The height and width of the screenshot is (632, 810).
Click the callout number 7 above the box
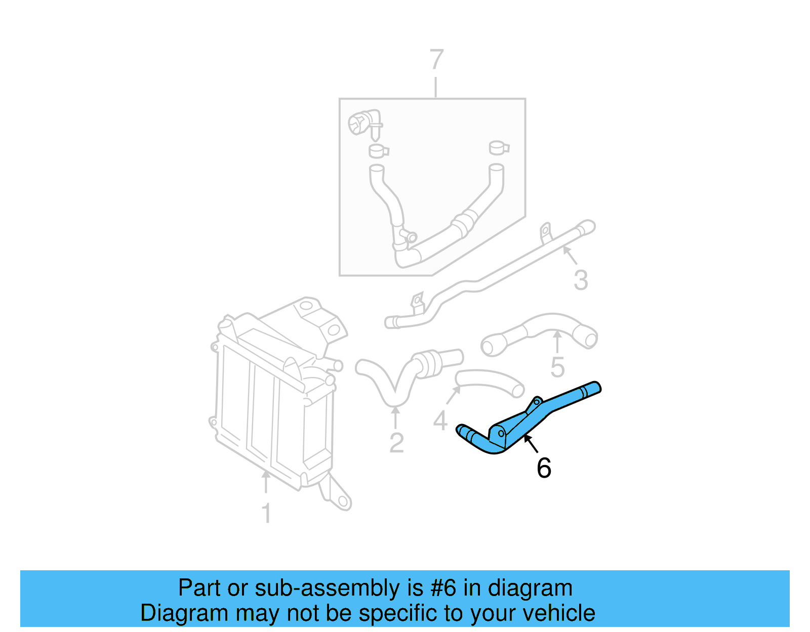436,60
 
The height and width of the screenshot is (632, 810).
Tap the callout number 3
581,280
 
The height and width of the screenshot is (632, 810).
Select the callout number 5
557,367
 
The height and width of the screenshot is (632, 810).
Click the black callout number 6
544,468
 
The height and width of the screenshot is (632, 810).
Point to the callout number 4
440,420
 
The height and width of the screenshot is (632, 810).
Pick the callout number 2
396,443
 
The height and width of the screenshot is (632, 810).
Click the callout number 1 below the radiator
266,514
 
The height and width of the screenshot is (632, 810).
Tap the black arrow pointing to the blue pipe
530,443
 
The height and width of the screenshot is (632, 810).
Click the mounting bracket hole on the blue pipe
501,433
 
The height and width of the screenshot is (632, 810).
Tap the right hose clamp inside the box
499,148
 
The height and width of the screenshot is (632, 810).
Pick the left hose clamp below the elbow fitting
378,151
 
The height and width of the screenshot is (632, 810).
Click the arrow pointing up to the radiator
265,481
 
